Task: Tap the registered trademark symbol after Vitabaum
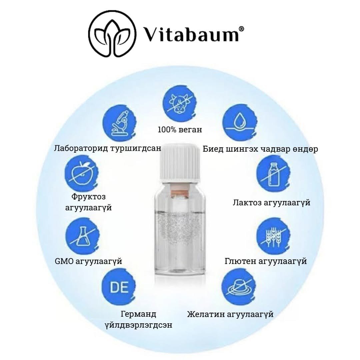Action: point(241,29)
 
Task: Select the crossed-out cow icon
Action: point(180,103)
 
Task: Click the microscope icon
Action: point(119,124)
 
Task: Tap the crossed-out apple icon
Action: point(82,173)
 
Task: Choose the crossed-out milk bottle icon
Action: point(273,174)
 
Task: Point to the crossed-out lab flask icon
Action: point(82,235)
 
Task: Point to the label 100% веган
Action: point(180,129)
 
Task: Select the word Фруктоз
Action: point(88,197)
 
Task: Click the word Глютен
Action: point(240,261)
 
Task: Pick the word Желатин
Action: point(206,314)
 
